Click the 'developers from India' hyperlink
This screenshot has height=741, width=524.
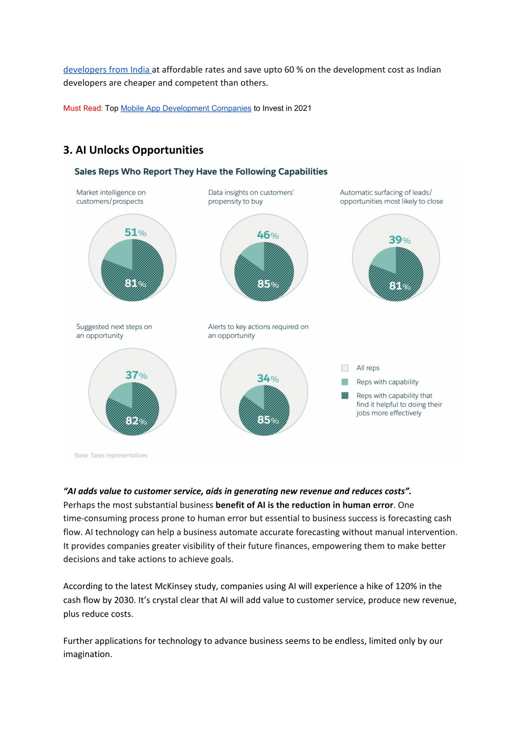click(x=107, y=70)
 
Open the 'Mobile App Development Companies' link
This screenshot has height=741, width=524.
click(x=186, y=108)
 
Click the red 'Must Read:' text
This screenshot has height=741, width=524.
click(x=83, y=108)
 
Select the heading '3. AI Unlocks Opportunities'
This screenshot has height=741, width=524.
click(x=134, y=150)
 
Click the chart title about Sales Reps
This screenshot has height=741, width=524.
click(x=201, y=171)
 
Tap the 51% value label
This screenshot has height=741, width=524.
click(x=136, y=232)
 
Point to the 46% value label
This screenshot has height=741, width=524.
click(x=268, y=235)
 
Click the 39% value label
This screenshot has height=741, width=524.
click(x=400, y=239)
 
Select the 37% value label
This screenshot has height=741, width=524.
click(x=136, y=375)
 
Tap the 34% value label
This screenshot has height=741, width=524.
click(x=268, y=378)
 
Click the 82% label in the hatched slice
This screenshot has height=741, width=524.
click(x=136, y=421)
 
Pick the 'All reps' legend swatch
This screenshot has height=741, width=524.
click(x=345, y=368)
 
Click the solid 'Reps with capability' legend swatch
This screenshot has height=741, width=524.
click(x=345, y=382)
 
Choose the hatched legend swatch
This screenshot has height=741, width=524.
click(x=345, y=396)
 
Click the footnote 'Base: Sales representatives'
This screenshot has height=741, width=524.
click(x=111, y=455)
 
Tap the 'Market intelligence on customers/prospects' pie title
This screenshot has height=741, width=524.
click(x=111, y=197)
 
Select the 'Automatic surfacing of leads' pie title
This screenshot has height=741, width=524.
click(x=391, y=197)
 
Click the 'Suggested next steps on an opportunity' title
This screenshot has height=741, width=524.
click(x=114, y=331)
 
